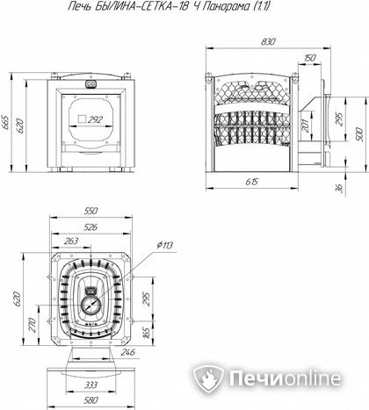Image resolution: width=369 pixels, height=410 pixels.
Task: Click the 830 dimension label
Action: pos(268,42)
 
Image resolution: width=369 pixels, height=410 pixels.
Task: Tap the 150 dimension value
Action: pos(309,58)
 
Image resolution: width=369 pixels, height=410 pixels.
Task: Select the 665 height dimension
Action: pos(5,122)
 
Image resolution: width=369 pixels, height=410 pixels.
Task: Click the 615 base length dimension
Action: pos(251,182)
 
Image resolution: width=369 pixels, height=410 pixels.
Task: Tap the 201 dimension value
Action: pos(306,126)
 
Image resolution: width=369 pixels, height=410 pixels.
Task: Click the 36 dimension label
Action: pos(339,188)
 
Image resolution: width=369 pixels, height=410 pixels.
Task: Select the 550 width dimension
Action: pos(90,211)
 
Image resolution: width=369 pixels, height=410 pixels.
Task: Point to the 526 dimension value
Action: pos(90,227)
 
